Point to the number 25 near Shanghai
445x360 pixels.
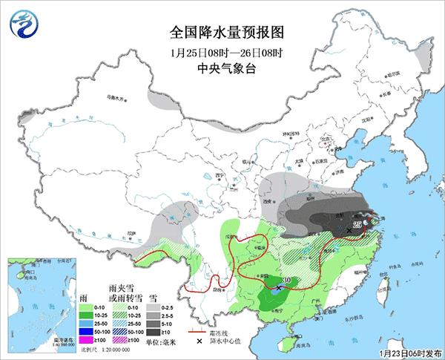357,223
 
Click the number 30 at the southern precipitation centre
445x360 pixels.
286,280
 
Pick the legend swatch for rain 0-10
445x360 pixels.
86,306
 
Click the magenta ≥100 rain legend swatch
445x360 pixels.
86,340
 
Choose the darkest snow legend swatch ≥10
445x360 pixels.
151,332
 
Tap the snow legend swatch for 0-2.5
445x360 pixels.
151,306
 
